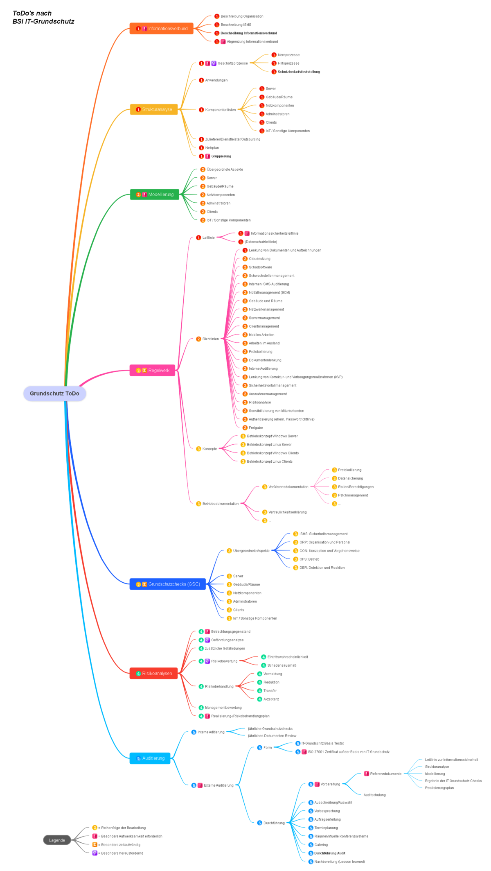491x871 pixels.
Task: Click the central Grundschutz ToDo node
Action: coord(54,394)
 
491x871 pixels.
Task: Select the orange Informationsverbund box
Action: coord(161,29)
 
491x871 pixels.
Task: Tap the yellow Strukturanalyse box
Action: coord(154,109)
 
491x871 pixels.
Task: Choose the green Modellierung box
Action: coord(155,195)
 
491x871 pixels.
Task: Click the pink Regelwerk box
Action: coord(152,370)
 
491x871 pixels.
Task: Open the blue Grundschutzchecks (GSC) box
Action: coord(168,584)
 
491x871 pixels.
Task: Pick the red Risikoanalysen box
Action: coord(153,673)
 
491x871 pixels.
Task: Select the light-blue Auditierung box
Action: coord(150,758)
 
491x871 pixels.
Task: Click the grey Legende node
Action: coord(57,840)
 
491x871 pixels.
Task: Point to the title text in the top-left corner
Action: coord(43,17)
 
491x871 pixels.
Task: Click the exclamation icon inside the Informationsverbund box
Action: coord(145,29)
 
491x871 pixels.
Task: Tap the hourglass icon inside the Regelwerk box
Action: coord(144,370)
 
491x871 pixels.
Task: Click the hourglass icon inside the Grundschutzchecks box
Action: coord(144,584)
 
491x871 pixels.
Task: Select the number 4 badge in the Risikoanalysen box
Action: coord(138,673)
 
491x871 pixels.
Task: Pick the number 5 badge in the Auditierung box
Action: coord(138,758)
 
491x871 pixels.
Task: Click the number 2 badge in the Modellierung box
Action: coord(138,195)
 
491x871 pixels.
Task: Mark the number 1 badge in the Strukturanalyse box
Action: coord(138,109)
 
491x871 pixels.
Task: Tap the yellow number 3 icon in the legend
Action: coord(95,828)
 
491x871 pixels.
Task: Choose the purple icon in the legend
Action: coord(95,853)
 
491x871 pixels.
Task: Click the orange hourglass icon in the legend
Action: coord(95,844)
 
